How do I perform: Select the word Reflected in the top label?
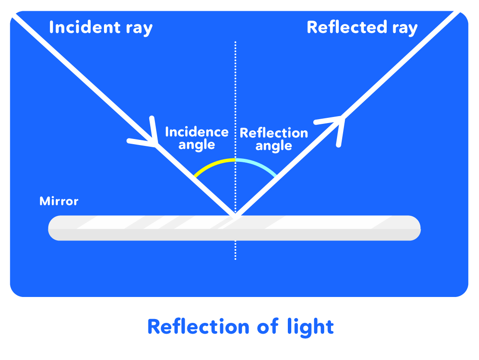341,27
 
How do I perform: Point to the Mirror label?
59,201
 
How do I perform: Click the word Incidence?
197,132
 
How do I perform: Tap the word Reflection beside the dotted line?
274,133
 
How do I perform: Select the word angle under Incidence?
197,145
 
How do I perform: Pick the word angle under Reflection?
274,146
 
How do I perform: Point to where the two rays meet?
235,214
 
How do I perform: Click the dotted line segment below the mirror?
235,250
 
